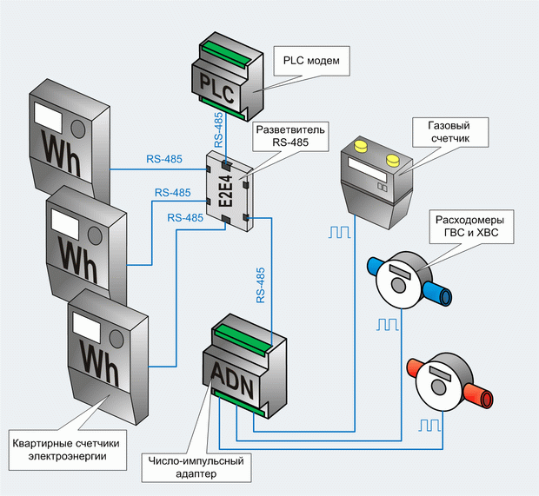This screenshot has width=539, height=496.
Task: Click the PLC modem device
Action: coord(228,76)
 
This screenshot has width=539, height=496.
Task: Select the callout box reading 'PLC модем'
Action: coord(311,61)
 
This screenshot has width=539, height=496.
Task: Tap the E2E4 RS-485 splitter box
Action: coord(230,191)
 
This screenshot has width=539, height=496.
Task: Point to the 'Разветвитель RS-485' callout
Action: coord(290,136)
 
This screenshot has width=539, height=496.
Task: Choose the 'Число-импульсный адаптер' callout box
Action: coord(196,467)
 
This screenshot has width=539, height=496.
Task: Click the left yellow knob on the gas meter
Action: coord(362,146)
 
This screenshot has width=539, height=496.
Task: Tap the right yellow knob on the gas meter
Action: coord(393,160)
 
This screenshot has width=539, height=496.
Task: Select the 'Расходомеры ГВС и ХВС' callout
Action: coord(471,227)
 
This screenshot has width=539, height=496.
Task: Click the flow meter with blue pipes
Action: coord(409,280)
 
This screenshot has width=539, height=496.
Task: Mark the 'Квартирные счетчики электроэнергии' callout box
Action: coord(68,450)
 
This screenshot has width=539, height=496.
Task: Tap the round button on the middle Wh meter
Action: coord(95,235)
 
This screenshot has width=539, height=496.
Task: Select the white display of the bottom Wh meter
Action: coord(87,328)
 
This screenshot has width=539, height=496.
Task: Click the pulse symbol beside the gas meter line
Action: coord(340,232)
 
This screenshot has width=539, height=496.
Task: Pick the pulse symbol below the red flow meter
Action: coord(429,425)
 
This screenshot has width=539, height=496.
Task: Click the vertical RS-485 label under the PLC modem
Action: coord(218,130)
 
